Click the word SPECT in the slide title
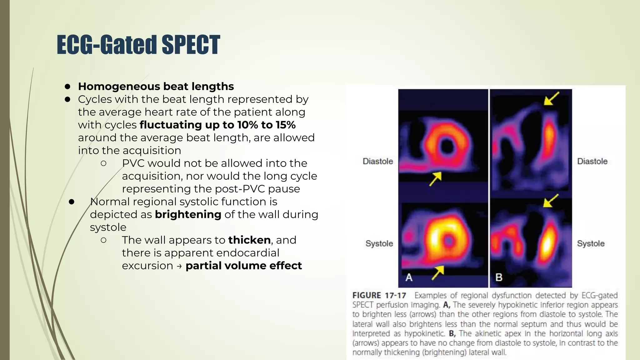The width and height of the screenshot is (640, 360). [x=191, y=45]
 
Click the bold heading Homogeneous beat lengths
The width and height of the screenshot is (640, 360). [x=156, y=86]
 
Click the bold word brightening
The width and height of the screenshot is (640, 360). [x=188, y=214]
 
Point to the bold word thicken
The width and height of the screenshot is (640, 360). [x=249, y=240]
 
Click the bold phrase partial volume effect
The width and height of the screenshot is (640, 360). [x=243, y=266]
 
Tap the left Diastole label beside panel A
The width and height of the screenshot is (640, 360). [x=377, y=161]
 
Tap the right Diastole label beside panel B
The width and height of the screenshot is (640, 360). [x=592, y=161]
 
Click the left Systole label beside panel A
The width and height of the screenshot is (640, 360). [x=379, y=243]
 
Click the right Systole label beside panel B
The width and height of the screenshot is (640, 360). [x=591, y=243]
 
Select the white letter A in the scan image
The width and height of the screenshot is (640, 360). [x=409, y=277]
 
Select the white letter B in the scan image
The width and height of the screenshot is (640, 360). [x=499, y=277]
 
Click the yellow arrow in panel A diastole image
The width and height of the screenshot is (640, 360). [x=435, y=179]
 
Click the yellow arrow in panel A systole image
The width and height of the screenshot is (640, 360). [x=437, y=272]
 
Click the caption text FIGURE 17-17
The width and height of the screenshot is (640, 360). [x=379, y=295]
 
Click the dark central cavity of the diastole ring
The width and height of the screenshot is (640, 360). [x=447, y=146]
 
